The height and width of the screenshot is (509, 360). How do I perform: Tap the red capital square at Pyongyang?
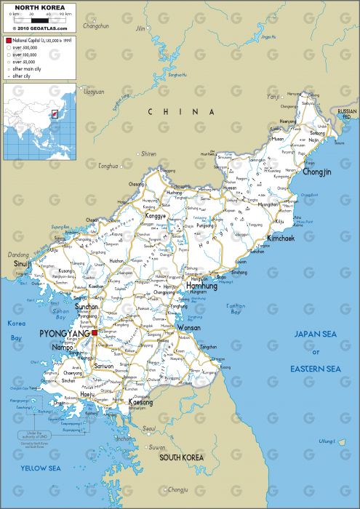coord(94,332)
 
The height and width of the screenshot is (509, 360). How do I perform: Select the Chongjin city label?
coord(317,172)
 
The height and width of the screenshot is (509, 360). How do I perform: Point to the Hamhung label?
coord(203,286)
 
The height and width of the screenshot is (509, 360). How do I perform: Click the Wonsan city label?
coord(189,328)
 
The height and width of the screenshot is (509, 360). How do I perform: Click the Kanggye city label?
coord(156,216)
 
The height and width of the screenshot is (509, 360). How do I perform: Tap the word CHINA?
coord(181,111)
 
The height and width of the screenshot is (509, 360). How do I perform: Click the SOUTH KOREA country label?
coord(180,457)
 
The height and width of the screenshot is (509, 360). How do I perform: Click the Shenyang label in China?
coord(148,154)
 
